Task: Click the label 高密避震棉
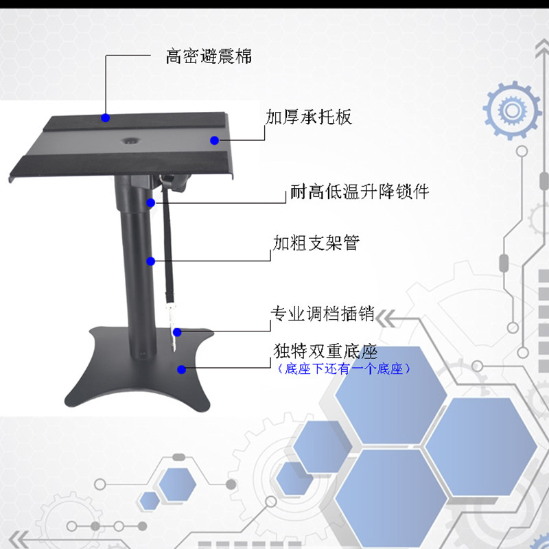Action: [x=209, y=56]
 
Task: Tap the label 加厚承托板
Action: [x=308, y=117]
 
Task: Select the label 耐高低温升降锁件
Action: [x=360, y=191]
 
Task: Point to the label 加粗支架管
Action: [x=316, y=243]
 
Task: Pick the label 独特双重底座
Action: [x=325, y=351]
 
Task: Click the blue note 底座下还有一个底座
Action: [x=344, y=369]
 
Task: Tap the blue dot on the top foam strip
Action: [x=106, y=117]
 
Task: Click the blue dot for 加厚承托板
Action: [x=215, y=141]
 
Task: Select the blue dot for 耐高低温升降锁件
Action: [x=150, y=202]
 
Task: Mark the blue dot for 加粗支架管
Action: [x=150, y=261]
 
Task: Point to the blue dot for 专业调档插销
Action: [x=177, y=332]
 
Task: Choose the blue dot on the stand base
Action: [x=181, y=369]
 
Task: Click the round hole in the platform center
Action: [x=130, y=141]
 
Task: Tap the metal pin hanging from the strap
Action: [x=172, y=325]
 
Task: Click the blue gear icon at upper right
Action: [x=512, y=110]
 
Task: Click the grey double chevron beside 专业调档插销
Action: [x=385, y=318]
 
